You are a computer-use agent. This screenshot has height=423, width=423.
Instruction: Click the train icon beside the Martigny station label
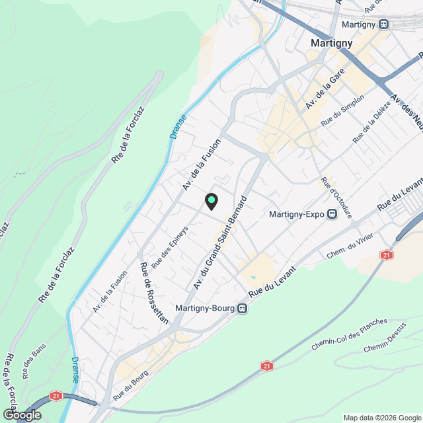(385, 24)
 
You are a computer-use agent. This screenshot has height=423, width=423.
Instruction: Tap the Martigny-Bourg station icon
(243, 308)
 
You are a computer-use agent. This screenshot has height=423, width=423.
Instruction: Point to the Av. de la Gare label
(325, 93)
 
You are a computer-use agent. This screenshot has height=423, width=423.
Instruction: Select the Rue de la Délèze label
(367, 125)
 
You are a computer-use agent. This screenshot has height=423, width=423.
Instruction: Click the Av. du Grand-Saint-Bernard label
(221, 243)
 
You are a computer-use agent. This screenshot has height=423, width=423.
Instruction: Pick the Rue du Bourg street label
(131, 383)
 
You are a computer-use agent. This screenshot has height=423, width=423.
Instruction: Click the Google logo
(21, 414)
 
